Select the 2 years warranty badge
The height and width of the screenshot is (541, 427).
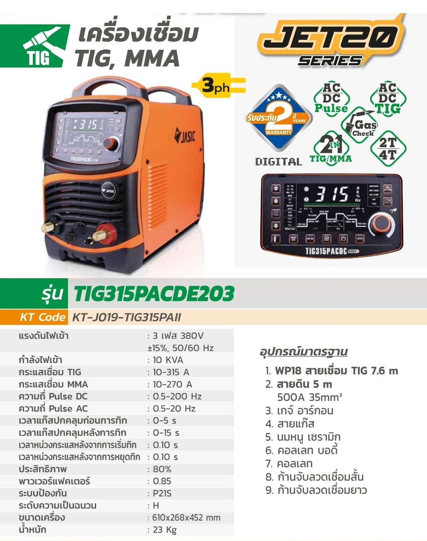coord(279,118)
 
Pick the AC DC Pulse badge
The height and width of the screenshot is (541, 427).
coord(331,98)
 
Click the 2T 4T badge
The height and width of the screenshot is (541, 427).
coord(388,148)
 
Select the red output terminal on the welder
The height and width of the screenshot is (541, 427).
coord(104,233)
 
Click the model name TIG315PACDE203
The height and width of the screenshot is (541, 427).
coord(154,294)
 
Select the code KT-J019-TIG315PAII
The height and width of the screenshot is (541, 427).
coord(127,317)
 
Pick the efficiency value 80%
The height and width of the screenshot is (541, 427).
coord(162,469)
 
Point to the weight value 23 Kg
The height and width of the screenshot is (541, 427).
coord(164,530)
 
